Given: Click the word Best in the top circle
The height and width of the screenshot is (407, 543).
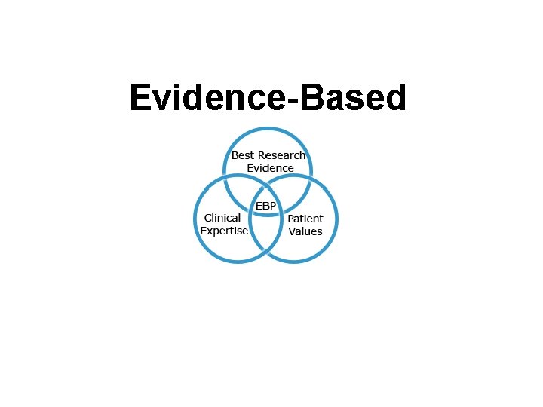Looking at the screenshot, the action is [243, 155].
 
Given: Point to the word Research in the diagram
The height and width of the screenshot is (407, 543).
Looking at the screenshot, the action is [281, 155].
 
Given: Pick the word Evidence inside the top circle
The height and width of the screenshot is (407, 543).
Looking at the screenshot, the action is [270, 168].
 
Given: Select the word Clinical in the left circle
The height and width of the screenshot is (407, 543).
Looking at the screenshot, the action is [222, 218].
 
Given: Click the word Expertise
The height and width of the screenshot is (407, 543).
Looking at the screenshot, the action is [224, 231].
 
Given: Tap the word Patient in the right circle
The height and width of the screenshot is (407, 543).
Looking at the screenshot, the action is [305, 219].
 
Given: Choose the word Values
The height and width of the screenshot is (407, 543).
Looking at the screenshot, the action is [305, 231].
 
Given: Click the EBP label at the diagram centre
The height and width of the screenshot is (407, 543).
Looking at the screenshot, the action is [265, 206].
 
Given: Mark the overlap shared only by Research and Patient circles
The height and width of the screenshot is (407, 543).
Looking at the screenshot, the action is [298, 193].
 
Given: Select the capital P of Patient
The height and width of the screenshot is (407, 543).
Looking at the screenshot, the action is [291, 219].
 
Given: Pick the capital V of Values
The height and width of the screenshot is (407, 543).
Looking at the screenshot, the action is [293, 231].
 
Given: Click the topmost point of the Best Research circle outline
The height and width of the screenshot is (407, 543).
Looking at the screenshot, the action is [268, 128].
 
